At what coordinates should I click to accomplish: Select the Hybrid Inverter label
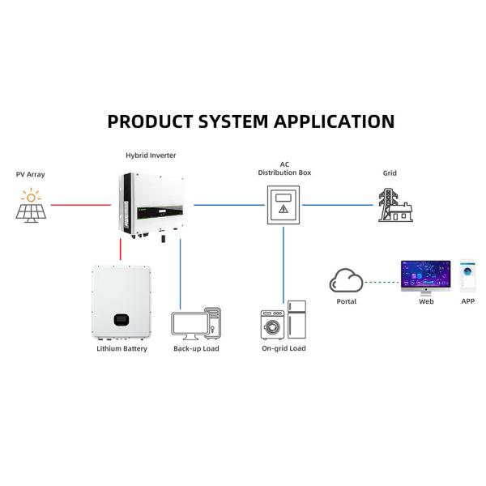151,155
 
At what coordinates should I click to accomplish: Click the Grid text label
390,173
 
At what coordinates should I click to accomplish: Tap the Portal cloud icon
346,281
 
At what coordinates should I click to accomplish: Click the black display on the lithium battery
121,318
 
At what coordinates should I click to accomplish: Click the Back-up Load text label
196,348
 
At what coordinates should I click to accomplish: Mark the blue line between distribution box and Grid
340,205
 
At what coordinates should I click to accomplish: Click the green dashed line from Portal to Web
382,282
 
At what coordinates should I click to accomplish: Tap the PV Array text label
31,173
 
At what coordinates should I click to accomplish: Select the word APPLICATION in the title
334,122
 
